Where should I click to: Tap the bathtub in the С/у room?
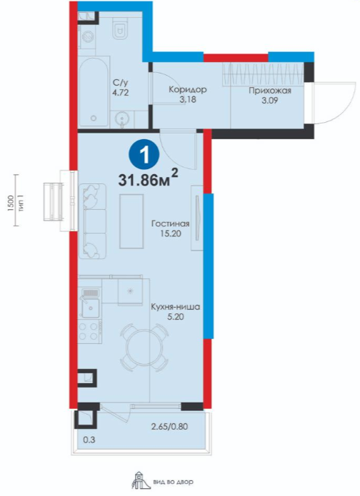pyautogui.click(x=94, y=92)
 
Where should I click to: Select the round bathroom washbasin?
pyautogui.click(x=122, y=119)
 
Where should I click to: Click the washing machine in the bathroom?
pyautogui.click(x=87, y=36)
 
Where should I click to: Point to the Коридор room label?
pyautogui.click(x=188, y=89)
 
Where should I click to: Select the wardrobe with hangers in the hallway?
pyautogui.click(x=263, y=74)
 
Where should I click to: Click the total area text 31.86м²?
pyautogui.click(x=148, y=178)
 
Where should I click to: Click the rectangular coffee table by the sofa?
pyautogui.click(x=131, y=221)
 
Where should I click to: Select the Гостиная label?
pyautogui.click(x=170, y=223)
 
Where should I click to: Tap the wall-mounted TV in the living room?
pyautogui.click(x=197, y=218)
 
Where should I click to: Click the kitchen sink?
pyautogui.click(x=91, y=306)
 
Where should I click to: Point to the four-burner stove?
pyautogui.click(x=89, y=331)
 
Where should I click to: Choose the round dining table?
pyautogui.click(x=144, y=347)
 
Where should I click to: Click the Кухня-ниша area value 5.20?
pyautogui.click(x=176, y=317)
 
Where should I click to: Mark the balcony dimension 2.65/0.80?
pyautogui.click(x=169, y=426)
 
